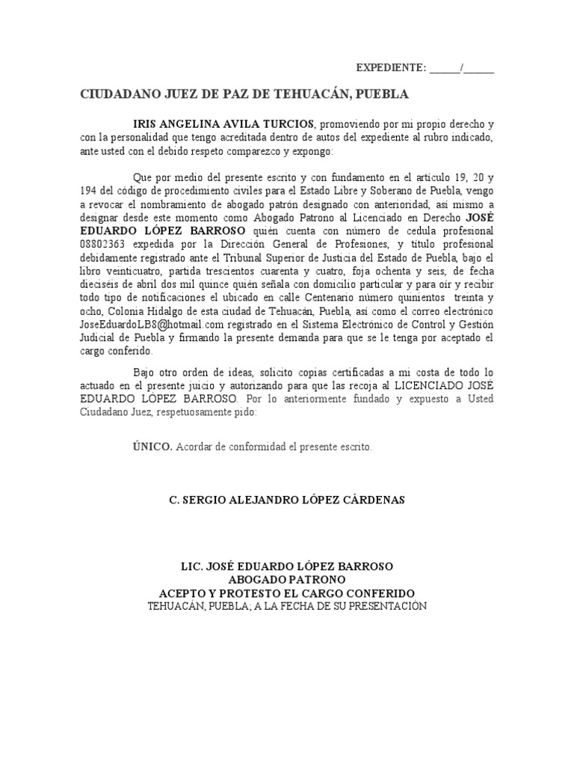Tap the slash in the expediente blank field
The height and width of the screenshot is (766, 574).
pos(463,69)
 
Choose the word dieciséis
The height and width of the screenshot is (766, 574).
pos(105,285)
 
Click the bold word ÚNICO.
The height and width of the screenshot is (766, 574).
pos(152,447)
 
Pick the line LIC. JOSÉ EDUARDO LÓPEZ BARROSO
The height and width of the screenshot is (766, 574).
pos(287,566)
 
